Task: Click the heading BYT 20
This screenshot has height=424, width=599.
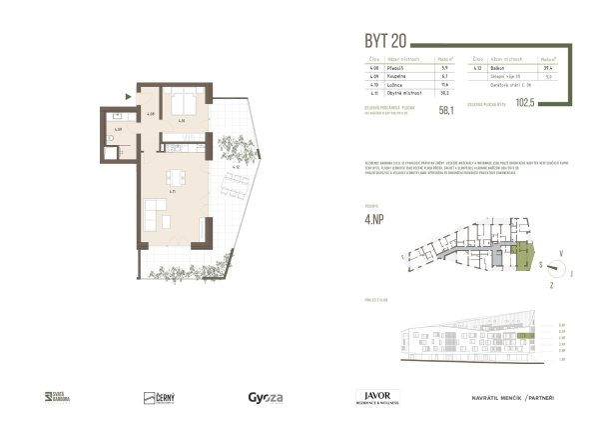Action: [387, 41]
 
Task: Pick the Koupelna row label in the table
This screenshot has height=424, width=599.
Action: [392, 77]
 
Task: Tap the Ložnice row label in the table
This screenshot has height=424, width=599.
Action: [392, 85]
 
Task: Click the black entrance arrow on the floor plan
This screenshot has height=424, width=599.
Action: [128, 95]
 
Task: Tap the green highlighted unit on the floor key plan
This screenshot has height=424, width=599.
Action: [520, 261]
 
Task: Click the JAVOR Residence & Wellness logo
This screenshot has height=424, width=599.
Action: [377, 397]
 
